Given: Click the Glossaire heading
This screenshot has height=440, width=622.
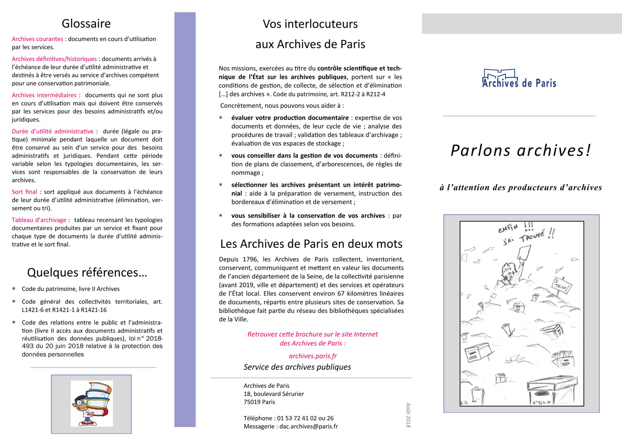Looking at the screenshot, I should (86, 24).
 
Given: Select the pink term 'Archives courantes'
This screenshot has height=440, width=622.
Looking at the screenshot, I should (37, 39).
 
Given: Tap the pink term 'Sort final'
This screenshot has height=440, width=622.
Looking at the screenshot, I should (24, 192).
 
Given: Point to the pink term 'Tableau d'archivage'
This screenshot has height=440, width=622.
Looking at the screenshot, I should (39, 220).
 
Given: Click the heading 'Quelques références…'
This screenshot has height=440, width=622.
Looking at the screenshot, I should (87, 272).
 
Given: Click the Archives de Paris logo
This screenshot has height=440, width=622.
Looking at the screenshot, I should (519, 79).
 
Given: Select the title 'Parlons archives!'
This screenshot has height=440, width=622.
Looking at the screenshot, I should (521, 151).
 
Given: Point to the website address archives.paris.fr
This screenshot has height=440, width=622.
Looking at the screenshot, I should (313, 356).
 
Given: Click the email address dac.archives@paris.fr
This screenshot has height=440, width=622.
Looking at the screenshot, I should (309, 426).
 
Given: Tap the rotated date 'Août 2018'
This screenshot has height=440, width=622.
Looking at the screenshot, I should (408, 415).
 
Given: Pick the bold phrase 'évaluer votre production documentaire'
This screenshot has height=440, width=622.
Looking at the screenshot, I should (290, 118).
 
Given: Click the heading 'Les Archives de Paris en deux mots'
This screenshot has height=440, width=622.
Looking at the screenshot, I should (311, 244).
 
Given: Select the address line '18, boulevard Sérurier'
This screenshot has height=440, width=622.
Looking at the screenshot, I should (274, 394).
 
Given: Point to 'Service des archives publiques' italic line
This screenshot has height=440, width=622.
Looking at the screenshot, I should (297, 367).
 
